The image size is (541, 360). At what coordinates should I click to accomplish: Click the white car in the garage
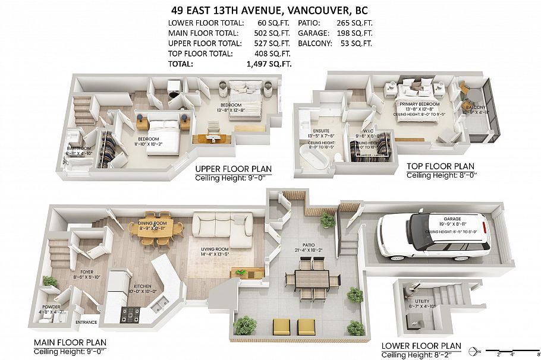(x=435, y=236)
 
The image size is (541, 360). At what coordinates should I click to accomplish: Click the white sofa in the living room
(x=223, y=231)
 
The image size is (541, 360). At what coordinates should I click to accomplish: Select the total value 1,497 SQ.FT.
(x=270, y=64)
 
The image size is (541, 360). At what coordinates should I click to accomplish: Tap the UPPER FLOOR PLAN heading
(x=233, y=169)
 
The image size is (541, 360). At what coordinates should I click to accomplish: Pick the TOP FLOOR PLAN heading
(x=440, y=166)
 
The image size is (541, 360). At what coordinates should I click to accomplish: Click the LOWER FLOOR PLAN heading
(x=421, y=346)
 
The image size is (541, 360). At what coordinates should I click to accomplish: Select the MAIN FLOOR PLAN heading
(x=70, y=342)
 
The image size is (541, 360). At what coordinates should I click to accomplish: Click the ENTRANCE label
(x=86, y=323)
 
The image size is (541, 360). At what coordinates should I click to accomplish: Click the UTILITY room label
(x=419, y=302)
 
